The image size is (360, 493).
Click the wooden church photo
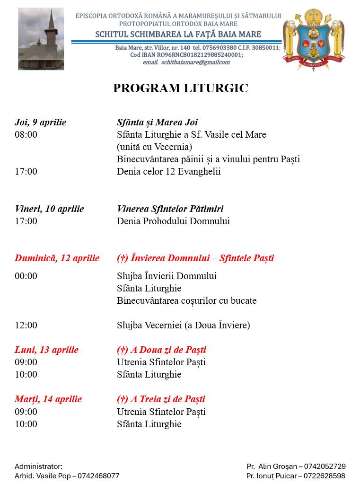[x=41, y=39]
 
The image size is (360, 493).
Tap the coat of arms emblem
[x=313, y=39]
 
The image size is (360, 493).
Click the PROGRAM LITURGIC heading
[x=180, y=88]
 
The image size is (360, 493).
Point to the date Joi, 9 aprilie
[x=41, y=123]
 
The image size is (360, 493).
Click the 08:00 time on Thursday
[x=26, y=135]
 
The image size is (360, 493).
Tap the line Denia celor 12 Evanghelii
[x=168, y=171]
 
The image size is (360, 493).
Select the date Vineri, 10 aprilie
[x=49, y=209]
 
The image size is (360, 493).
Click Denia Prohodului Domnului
[x=173, y=221]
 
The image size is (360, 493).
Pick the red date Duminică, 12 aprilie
[x=57, y=258]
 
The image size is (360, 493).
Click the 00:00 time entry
[x=26, y=276]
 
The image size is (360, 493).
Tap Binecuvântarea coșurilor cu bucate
[x=186, y=300]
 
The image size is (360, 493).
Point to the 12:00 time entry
[x=26, y=325]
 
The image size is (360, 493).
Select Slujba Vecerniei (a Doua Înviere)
[x=183, y=325]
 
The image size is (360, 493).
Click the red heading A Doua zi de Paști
[x=161, y=350]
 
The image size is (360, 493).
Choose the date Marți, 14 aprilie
[x=48, y=399]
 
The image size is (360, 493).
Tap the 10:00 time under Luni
[x=26, y=375]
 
